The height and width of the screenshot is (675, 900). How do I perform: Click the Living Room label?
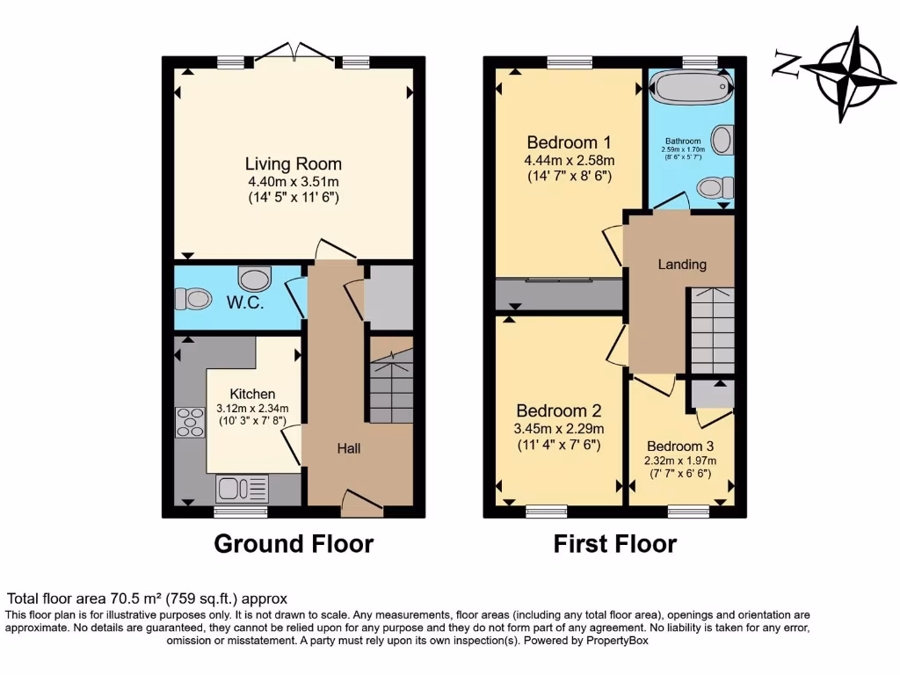click(x=293, y=163)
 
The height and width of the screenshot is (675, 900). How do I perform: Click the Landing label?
click(x=682, y=264)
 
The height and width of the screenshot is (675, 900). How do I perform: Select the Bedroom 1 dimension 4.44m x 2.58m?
click(x=569, y=160)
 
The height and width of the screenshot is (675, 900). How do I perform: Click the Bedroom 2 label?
click(x=558, y=410)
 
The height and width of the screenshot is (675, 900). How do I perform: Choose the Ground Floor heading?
click(x=294, y=544)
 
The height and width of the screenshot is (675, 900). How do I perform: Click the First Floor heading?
click(x=614, y=544)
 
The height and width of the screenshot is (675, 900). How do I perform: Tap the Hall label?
click(x=349, y=448)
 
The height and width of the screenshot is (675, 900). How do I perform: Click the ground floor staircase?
click(x=390, y=387)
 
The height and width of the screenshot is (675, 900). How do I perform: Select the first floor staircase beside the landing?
click(x=710, y=330)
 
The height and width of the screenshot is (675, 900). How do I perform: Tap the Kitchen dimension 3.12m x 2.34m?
click(x=252, y=409)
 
